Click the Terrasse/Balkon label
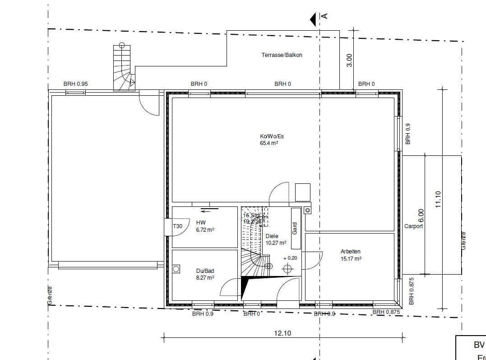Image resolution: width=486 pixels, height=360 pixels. tap(282, 55)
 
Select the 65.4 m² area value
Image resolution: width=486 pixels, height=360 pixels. tap(269, 143)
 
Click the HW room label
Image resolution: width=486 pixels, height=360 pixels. tap(201, 222)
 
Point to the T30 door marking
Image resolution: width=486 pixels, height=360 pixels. tap(178, 226)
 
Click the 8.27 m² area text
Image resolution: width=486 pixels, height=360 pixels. tap(205, 278)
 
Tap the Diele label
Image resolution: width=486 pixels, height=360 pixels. tap(272, 236)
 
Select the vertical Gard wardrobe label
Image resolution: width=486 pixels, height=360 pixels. tap(295, 228)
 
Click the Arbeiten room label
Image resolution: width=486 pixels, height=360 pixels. tap(351, 252)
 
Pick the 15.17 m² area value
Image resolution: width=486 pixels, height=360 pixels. tap(351, 259)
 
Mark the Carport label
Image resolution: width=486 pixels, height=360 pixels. tap(413, 226)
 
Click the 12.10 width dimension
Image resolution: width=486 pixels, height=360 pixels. tap(283, 333)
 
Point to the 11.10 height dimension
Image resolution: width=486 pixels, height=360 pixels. tap(437, 199)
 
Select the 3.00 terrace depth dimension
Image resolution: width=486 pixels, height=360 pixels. tap(349, 60)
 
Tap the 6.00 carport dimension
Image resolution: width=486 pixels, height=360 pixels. tap(421, 215)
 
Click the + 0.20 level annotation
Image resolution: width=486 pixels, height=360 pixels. tap(291, 258)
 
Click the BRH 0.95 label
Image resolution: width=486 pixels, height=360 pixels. tap(75, 84)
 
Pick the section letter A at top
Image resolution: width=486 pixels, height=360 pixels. tap(324, 16)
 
